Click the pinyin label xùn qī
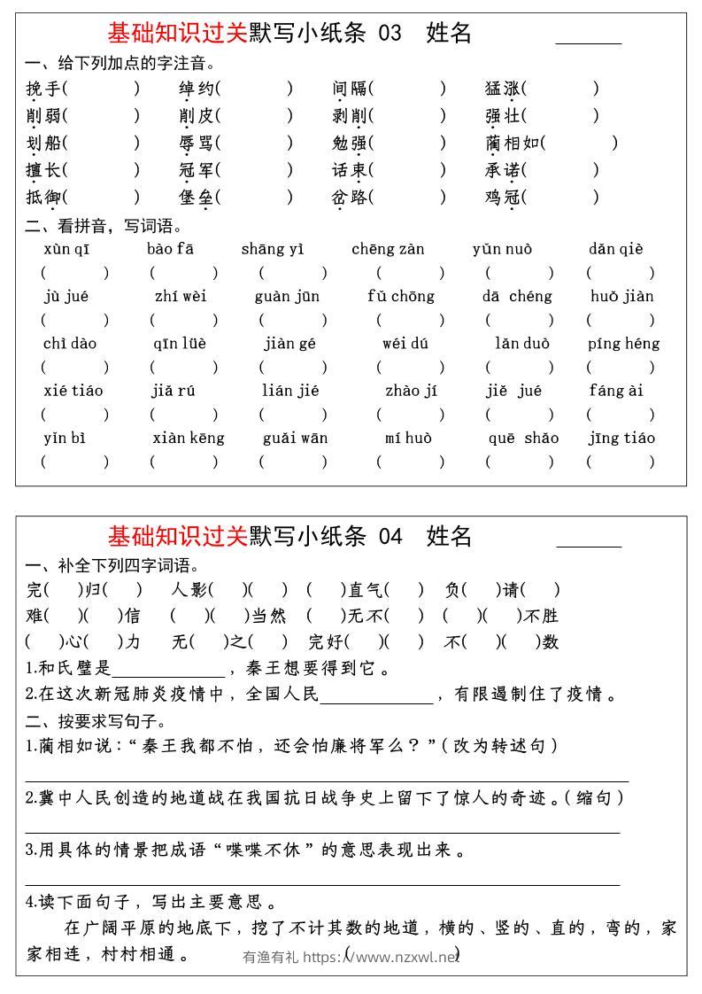(x=66, y=249)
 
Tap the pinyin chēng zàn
(x=388, y=249)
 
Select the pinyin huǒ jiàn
(x=621, y=296)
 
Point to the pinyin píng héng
(x=623, y=344)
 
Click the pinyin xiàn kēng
(x=189, y=438)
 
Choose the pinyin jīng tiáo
(x=621, y=438)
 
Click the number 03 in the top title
(x=390, y=33)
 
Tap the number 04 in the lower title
(x=390, y=536)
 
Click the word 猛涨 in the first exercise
(x=502, y=89)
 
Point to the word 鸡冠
(x=502, y=197)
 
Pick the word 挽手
(x=43, y=89)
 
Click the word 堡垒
(x=196, y=197)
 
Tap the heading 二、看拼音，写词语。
(x=104, y=226)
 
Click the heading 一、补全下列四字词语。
(x=112, y=565)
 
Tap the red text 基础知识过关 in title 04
(x=177, y=536)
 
